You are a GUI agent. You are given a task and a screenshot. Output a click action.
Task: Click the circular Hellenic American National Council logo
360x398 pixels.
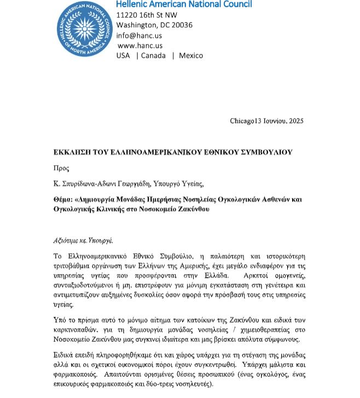(84, 29)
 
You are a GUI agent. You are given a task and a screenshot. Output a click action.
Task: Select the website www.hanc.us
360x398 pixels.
(140, 45)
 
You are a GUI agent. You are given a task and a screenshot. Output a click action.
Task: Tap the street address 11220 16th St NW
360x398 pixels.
(147, 15)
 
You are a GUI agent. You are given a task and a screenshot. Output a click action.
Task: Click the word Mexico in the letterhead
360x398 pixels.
(190, 55)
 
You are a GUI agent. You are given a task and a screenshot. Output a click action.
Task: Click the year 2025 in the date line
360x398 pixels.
(295, 121)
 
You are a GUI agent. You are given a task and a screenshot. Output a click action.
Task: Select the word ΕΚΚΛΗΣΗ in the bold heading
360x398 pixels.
(73, 153)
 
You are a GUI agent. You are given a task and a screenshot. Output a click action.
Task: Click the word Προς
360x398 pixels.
(61, 168)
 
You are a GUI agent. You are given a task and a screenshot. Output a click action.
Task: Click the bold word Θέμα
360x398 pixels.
(63, 200)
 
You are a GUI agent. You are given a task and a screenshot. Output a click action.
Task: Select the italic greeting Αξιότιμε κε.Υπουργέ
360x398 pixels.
(83, 241)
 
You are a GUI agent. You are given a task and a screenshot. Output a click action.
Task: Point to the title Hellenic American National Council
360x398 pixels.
(184, 4)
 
